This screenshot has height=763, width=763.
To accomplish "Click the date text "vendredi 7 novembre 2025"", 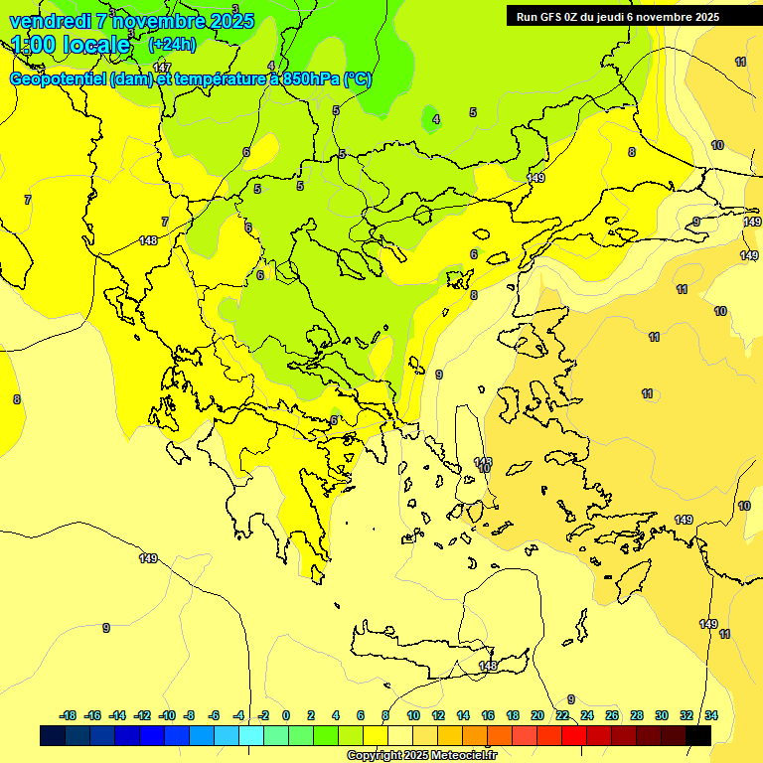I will click(131, 21).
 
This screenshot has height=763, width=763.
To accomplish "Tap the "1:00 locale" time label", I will click(71, 45).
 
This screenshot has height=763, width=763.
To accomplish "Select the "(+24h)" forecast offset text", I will click(172, 44).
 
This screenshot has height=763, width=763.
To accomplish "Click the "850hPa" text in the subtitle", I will click(311, 78).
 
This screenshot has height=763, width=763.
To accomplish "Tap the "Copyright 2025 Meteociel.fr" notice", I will click(421, 755).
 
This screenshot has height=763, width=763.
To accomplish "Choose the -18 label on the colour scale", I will click(69, 715).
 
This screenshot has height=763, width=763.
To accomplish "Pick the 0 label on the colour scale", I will click(286, 715).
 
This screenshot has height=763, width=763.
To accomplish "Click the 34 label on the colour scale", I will click(711, 715).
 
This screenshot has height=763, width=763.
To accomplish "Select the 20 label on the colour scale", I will click(537, 715).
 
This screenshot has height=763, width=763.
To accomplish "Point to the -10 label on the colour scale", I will click(167, 715).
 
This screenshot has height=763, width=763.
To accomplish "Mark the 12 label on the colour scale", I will click(438, 715).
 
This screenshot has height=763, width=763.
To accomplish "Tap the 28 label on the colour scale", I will click(637, 715).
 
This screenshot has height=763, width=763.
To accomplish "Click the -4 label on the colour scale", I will click(238, 715).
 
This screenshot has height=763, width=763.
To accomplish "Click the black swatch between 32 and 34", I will click(698, 735).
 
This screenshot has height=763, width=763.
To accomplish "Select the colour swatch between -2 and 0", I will click(276, 735).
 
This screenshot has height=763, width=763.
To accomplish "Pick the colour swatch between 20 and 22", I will click(549, 735).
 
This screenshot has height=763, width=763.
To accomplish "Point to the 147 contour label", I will click(162, 68).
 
